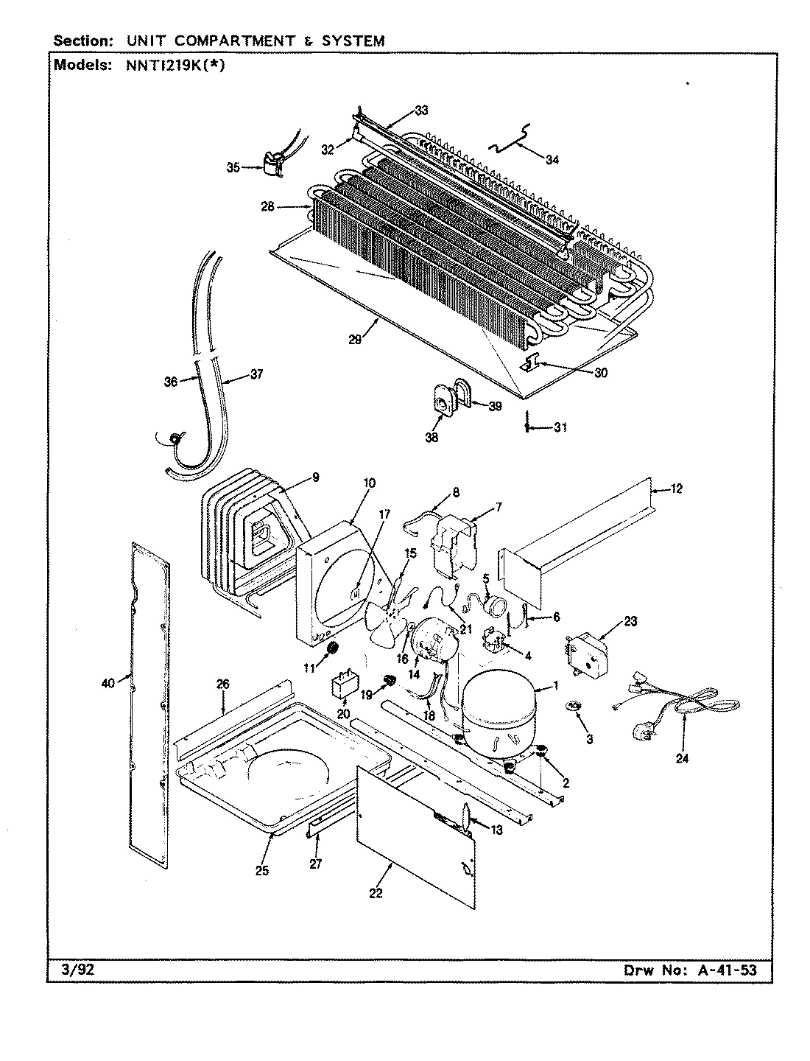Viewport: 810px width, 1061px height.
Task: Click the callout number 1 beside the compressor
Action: click(x=556, y=686)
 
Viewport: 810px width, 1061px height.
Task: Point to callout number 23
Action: click(x=630, y=621)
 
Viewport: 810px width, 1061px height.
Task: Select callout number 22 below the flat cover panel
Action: click(x=376, y=894)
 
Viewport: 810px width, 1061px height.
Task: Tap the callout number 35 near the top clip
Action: click(x=233, y=167)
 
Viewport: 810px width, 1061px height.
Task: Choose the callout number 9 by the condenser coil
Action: click(x=315, y=477)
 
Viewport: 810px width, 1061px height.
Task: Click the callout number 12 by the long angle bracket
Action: click(x=677, y=489)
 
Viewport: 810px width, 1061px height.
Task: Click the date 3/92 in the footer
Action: click(x=77, y=970)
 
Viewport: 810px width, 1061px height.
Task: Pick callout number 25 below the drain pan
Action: click(x=261, y=870)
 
